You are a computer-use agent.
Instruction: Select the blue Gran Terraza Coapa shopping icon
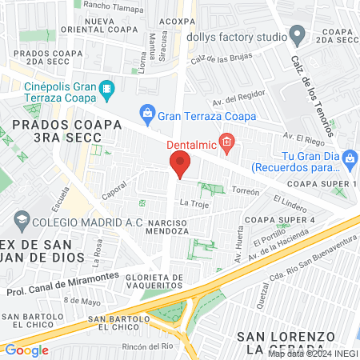coord(147,115)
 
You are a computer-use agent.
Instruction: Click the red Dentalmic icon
coord(227,145)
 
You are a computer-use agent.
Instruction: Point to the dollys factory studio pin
coord(298,35)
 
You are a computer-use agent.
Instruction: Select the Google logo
coord(26,350)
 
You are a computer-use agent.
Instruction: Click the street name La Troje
coord(193,204)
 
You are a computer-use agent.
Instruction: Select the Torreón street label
coord(246,192)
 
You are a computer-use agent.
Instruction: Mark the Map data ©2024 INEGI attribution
coord(313,354)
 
